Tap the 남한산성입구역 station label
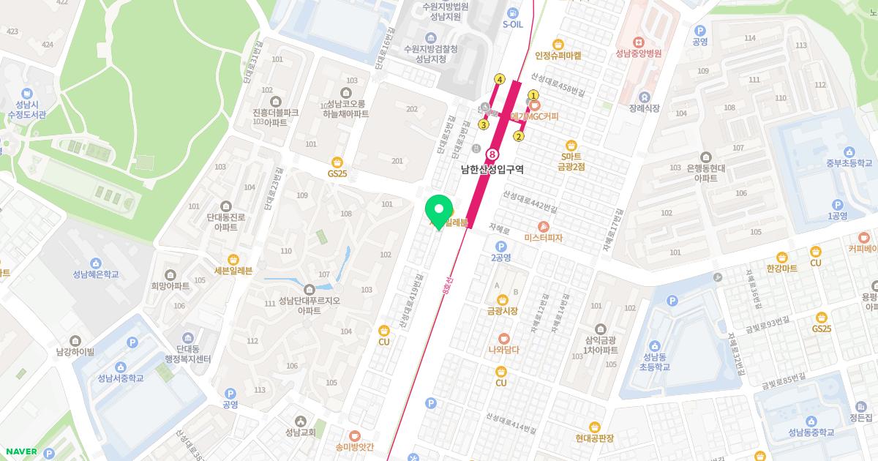pos(492,169)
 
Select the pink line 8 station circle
pos(492,154)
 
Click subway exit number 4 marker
pos(500,79)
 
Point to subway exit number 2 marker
pos(519,135)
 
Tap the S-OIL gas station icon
pos(514,12)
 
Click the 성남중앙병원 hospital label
pos(638,53)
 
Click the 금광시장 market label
pos(502,311)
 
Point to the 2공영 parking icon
pos(500,246)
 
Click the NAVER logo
pos(20,451)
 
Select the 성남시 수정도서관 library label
pos(27,110)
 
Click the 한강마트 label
pos(781,269)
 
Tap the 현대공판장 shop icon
pos(594,427)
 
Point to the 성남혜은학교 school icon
pos(95,263)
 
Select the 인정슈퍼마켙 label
pos(558,55)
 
